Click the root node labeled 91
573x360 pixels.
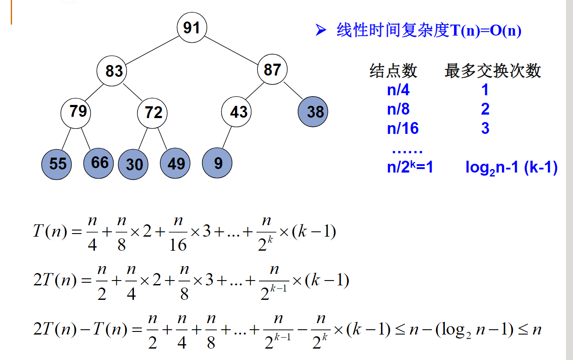[191, 28]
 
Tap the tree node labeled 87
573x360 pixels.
[272, 69]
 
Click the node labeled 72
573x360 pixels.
[153, 113]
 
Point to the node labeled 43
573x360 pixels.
[238, 112]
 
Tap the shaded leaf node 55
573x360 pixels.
[57, 164]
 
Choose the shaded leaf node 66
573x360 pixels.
[99, 163]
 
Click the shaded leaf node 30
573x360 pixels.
[133, 164]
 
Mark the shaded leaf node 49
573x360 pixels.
[176, 164]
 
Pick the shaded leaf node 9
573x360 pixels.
[218, 163]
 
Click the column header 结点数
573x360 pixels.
[393, 70]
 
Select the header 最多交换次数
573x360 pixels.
[493, 70]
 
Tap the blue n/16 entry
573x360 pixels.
[403, 128]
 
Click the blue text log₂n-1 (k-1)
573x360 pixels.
[511, 168]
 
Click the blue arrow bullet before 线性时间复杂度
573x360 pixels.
[321, 30]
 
